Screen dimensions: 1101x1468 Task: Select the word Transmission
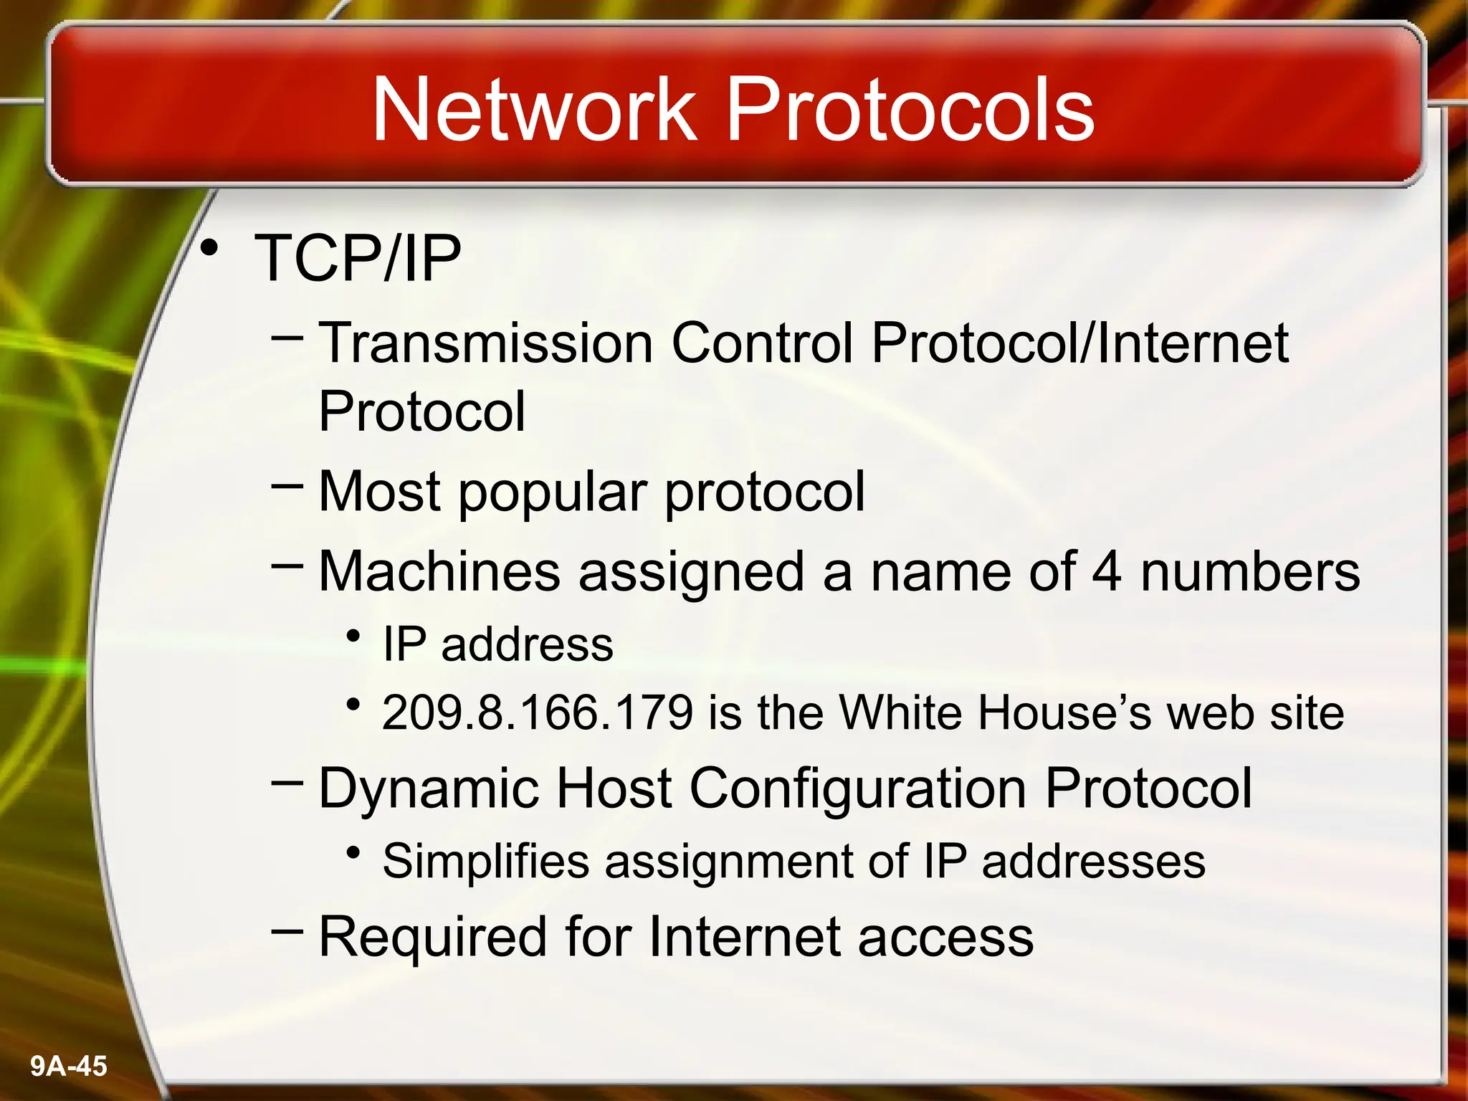tap(485, 343)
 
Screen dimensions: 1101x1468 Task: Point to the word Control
tap(761, 343)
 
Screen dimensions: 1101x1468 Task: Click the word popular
tap(553, 493)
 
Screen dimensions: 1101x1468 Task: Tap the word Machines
tap(439, 572)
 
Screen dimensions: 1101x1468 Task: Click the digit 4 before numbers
tap(1107, 572)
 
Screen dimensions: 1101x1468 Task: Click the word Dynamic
tap(428, 788)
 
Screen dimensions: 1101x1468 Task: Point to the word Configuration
tap(857, 788)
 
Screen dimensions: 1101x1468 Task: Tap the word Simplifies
tap(485, 861)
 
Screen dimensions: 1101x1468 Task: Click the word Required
tap(432, 937)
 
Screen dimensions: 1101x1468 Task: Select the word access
tap(945, 938)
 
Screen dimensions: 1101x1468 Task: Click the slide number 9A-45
tap(69, 1066)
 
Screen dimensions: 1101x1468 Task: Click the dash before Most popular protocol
tap(287, 486)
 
